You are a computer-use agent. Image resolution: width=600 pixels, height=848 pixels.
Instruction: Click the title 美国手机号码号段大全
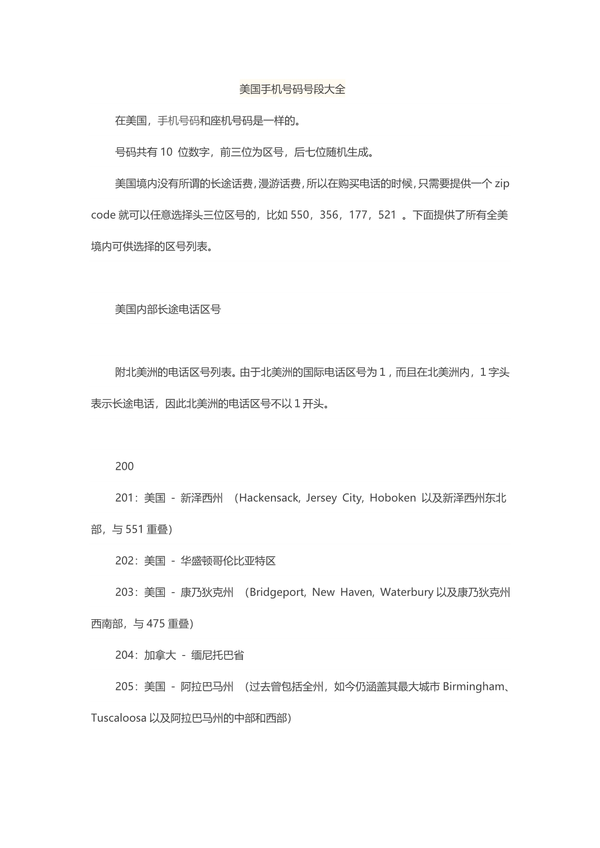pos(292,89)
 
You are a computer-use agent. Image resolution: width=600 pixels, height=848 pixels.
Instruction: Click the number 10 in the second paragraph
pos(166,152)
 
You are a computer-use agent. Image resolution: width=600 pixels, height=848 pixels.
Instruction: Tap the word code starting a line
pos(103,215)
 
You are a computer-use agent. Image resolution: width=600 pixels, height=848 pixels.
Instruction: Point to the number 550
pos(300,215)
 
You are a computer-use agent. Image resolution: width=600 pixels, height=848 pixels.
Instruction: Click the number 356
pos(329,215)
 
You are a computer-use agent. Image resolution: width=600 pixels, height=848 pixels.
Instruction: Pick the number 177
pos(358,215)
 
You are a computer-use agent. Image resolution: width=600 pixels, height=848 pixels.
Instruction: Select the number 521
pos(387,215)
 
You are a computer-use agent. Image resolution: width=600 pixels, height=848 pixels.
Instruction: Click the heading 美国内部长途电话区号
pos(168,310)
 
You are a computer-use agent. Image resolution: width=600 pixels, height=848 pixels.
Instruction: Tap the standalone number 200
pos(124,466)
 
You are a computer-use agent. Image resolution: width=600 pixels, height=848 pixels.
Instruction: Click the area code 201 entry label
pos(124,498)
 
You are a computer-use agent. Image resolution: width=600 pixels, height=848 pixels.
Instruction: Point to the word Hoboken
pos(392,498)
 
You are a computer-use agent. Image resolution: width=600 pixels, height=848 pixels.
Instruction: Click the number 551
pos(135,530)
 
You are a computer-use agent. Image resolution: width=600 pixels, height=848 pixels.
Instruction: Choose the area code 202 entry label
pos(124,561)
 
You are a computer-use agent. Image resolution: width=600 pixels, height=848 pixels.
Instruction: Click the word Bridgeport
pos(277,593)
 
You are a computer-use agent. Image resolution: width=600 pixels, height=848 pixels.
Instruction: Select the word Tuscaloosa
pos(119,718)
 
